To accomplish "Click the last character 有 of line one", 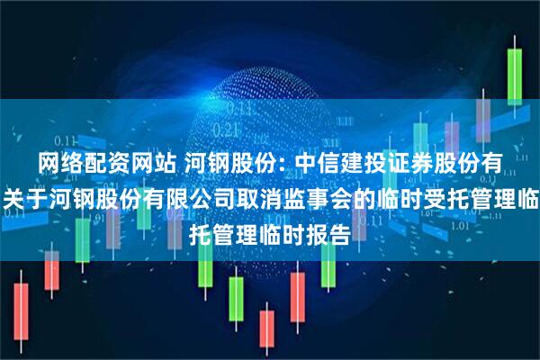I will (494, 163).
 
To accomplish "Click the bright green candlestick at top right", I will (515, 76).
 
